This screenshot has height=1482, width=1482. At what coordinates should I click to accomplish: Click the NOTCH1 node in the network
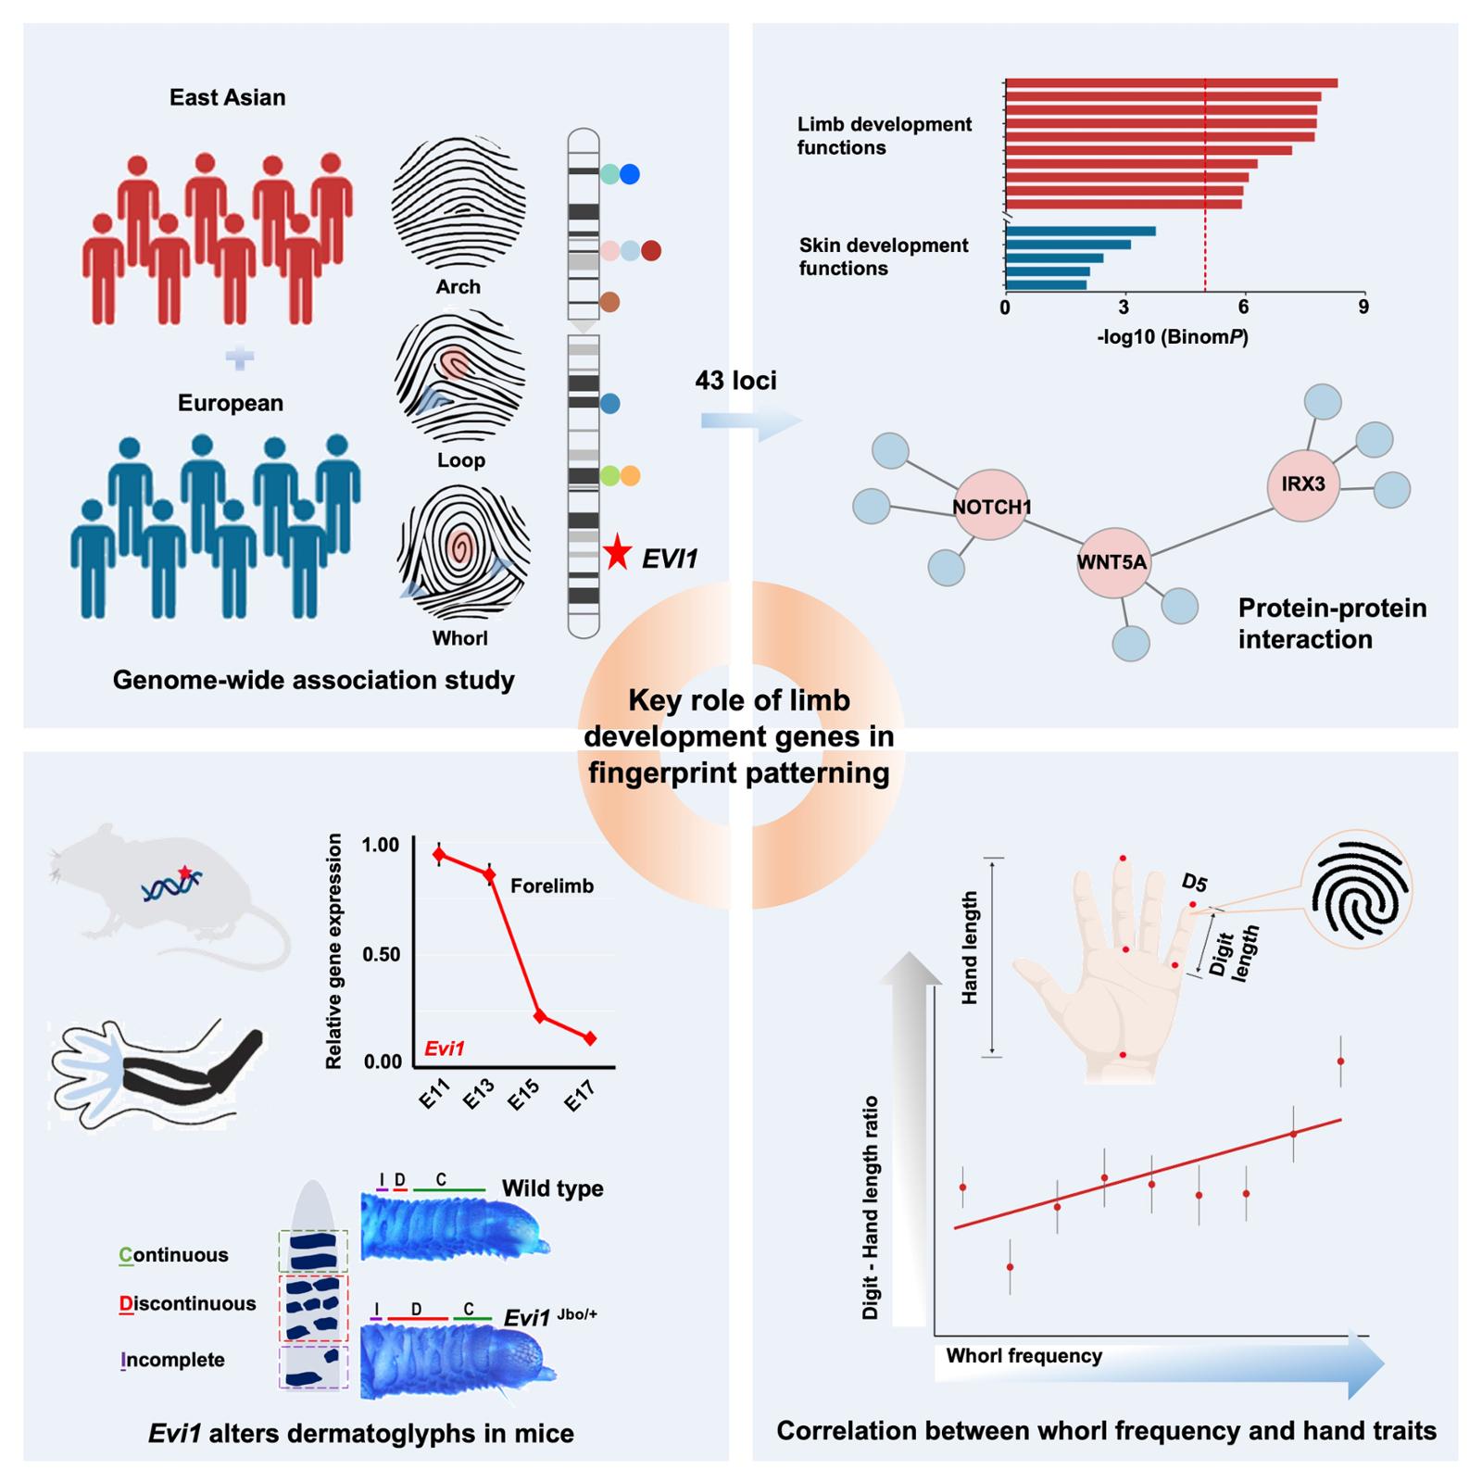(x=991, y=506)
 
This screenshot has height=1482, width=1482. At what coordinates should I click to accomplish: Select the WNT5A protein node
(x=1112, y=562)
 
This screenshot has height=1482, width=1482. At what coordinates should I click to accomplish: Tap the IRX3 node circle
(x=1303, y=484)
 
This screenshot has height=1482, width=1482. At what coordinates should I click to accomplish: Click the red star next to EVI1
(x=617, y=554)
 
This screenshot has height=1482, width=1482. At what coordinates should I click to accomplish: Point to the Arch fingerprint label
(x=458, y=287)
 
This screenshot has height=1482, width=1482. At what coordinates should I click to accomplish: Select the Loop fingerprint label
(x=461, y=460)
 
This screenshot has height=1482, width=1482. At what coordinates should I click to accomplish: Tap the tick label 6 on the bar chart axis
(x=1243, y=308)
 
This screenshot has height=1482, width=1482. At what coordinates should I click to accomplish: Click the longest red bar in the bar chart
(x=1171, y=83)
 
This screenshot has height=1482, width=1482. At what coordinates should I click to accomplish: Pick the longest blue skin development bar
(x=1080, y=232)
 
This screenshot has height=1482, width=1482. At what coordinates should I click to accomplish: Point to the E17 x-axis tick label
(x=579, y=1098)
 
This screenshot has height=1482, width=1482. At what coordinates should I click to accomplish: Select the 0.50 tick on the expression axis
(x=382, y=954)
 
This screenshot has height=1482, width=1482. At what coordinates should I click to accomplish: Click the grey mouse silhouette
(x=167, y=898)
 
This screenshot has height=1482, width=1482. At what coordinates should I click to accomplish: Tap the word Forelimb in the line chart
(x=552, y=886)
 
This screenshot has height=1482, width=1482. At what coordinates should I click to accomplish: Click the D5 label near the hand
(x=1195, y=883)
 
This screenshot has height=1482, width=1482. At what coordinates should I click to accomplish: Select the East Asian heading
(x=228, y=98)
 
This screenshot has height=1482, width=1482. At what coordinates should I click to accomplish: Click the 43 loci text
(x=736, y=381)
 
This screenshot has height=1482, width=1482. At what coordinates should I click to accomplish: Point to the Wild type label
(x=552, y=1188)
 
